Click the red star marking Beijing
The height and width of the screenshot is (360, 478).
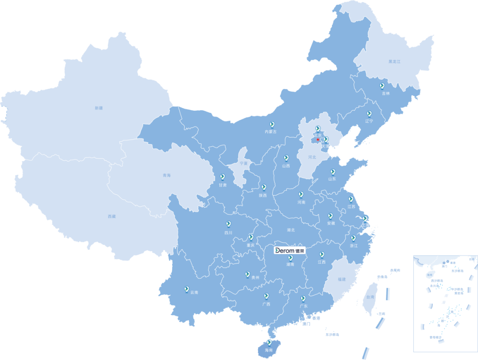[x=318, y=139]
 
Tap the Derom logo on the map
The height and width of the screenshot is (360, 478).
[x=290, y=250]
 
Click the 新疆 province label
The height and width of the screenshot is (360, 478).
[x=98, y=108]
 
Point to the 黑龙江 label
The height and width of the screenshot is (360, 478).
[x=394, y=62]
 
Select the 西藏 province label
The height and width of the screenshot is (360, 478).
[x=112, y=217]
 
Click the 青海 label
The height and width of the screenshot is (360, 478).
[x=166, y=175]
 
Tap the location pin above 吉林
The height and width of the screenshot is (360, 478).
[x=382, y=86]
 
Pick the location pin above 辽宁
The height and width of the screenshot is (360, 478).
[x=369, y=114]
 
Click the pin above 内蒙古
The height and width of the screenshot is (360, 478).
[x=272, y=124]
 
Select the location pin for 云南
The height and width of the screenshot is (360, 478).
[x=187, y=289]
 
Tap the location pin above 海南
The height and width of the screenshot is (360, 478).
[x=269, y=342]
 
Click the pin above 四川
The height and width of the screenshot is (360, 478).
[x=228, y=224]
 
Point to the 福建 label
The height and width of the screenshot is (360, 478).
[x=341, y=279]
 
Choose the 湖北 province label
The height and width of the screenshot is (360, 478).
[x=291, y=230]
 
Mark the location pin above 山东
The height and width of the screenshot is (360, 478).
[x=333, y=172]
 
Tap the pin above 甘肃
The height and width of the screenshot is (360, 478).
[x=223, y=177]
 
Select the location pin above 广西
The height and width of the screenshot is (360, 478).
[x=266, y=296]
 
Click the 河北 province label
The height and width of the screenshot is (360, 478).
[x=312, y=157]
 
